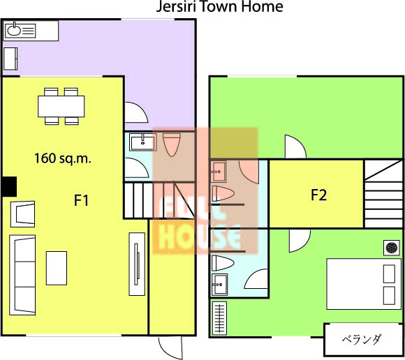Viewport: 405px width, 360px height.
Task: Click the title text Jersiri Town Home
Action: pyautogui.click(x=220, y=6)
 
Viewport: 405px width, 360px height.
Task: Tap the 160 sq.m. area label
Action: pyautogui.click(x=63, y=158)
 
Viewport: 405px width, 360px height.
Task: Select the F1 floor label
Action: pyautogui.click(x=82, y=200)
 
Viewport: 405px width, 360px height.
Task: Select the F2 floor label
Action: pyautogui.click(x=318, y=195)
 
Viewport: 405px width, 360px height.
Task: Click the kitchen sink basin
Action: pyautogui.click(x=14, y=30)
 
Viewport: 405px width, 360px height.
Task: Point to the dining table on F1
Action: pyautogui.click(x=61, y=106)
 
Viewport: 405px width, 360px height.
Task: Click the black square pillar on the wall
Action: pyautogui.click(x=9, y=186)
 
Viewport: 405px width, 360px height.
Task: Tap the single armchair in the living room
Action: pyautogui.click(x=23, y=214)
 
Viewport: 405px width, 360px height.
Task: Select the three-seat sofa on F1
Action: pyautogui.click(x=22, y=275)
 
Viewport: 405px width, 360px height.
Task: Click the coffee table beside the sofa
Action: pyautogui.click(x=57, y=268)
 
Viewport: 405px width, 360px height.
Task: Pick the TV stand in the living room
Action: pyautogui.click(x=137, y=264)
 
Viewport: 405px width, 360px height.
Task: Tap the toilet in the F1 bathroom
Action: pyautogui.click(x=172, y=145)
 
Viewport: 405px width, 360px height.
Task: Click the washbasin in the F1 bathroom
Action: pyautogui.click(x=143, y=142)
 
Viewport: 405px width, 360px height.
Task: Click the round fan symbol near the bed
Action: pyautogui.click(x=392, y=248)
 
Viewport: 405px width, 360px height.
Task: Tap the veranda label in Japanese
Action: pyautogui.click(x=361, y=339)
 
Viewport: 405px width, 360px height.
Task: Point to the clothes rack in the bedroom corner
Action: pyautogui.click(x=219, y=318)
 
